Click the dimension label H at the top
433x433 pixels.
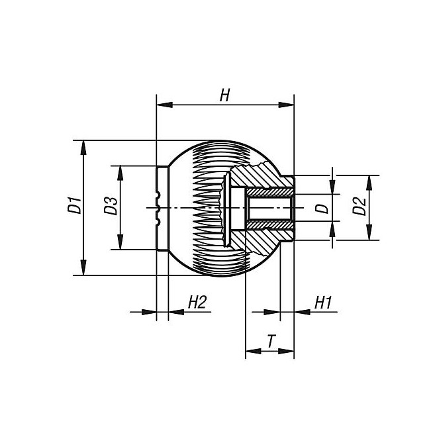[224, 95]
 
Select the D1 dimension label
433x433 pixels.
[75, 205]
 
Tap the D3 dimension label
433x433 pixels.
[111, 206]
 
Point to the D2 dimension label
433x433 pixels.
[359, 206]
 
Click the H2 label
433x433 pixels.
[197, 302]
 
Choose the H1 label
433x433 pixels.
[323, 303]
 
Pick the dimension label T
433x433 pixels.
[271, 342]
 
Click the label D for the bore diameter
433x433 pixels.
[322, 209]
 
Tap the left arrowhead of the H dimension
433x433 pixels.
[165, 105]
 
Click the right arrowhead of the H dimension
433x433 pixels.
[286, 105]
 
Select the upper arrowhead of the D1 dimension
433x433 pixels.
[83, 148]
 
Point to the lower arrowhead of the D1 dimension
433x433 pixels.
[83, 267]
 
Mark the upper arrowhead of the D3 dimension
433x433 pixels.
[120, 173]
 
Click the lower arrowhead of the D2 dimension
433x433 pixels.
[369, 232]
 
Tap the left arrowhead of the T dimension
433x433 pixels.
[253, 352]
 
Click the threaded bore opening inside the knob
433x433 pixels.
[269, 208]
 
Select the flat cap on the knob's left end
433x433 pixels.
[162, 208]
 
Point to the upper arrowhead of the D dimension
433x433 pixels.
[332, 187]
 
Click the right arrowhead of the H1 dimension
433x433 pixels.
[302, 312]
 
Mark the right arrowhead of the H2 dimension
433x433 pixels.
[176, 312]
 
